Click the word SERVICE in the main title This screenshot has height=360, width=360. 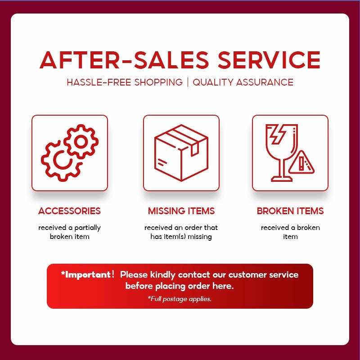pyautogui.click(x=269, y=60)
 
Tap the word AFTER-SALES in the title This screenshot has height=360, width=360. pyautogui.click(x=124, y=60)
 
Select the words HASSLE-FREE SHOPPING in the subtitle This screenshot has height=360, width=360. pyautogui.click(x=125, y=82)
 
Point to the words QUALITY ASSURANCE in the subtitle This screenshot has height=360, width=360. pyautogui.click(x=243, y=82)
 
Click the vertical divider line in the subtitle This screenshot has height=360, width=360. pyautogui.click(x=188, y=82)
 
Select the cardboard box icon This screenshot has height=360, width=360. pyautogui.click(x=181, y=153)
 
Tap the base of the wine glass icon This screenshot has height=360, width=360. pyautogui.click(x=282, y=179)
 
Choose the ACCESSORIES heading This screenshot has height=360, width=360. pyautogui.click(x=69, y=211)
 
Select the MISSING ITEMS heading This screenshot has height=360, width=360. pyautogui.click(x=181, y=211)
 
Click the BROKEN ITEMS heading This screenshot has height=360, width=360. pyautogui.click(x=290, y=211)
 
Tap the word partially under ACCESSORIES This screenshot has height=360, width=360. pyautogui.click(x=87, y=228)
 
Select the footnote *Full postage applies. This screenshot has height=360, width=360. pyautogui.click(x=180, y=299)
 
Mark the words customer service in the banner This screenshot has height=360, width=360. pyautogui.click(x=263, y=274)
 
